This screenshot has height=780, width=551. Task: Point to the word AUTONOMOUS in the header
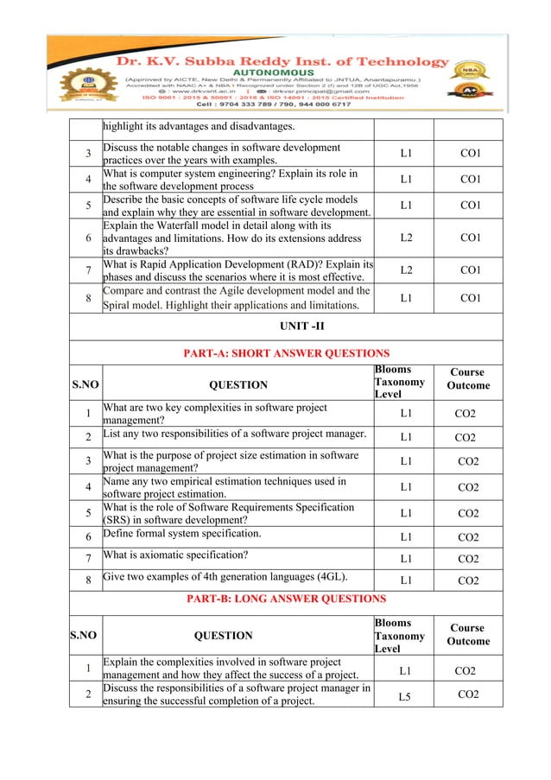tap(278, 75)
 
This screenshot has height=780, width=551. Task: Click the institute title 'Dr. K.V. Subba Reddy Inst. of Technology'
tap(277, 61)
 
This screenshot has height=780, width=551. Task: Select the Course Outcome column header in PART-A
tap(469, 379)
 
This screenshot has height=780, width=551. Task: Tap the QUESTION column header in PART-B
tap(223, 635)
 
